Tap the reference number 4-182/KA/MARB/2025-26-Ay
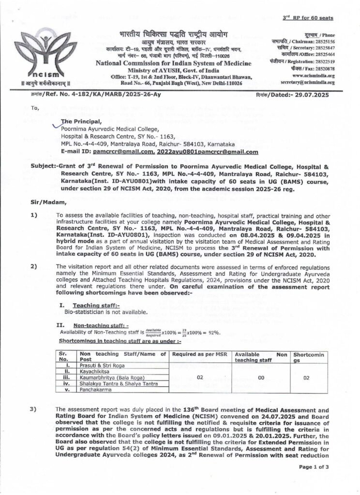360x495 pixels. tap(92, 95)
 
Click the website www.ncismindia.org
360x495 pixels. tap(312, 76)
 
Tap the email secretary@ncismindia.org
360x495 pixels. tap(308, 83)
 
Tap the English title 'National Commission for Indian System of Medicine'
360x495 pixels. tap(174, 64)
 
